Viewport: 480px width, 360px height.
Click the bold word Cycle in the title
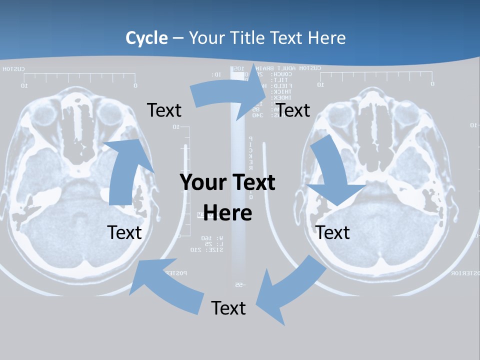(x=146, y=38)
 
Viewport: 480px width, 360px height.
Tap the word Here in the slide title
(x=326, y=38)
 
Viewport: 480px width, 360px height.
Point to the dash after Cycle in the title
(x=178, y=38)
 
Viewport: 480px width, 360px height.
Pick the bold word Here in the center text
(x=228, y=213)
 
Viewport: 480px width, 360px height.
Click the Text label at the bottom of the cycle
(x=228, y=308)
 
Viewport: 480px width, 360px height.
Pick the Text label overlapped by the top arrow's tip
(x=293, y=110)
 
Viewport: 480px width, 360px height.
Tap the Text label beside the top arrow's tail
(x=164, y=110)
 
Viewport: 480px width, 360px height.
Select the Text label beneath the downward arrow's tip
(x=332, y=232)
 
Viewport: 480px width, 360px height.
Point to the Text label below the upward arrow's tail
(x=124, y=232)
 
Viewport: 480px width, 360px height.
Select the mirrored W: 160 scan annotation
(x=205, y=237)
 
